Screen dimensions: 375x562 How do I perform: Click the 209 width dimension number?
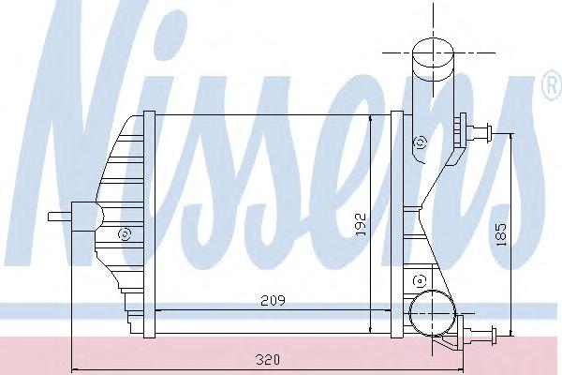pyautogui.click(x=272, y=300)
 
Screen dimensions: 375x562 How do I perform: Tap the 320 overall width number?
pyautogui.click(x=270, y=358)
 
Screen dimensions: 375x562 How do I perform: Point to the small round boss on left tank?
pyautogui.click(x=124, y=234)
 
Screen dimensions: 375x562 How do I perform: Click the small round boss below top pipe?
pyautogui.click(x=420, y=143)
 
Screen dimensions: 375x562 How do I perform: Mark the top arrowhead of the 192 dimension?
pyautogui.click(x=372, y=118)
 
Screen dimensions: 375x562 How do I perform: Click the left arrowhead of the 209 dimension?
pyautogui.click(x=154, y=308)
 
